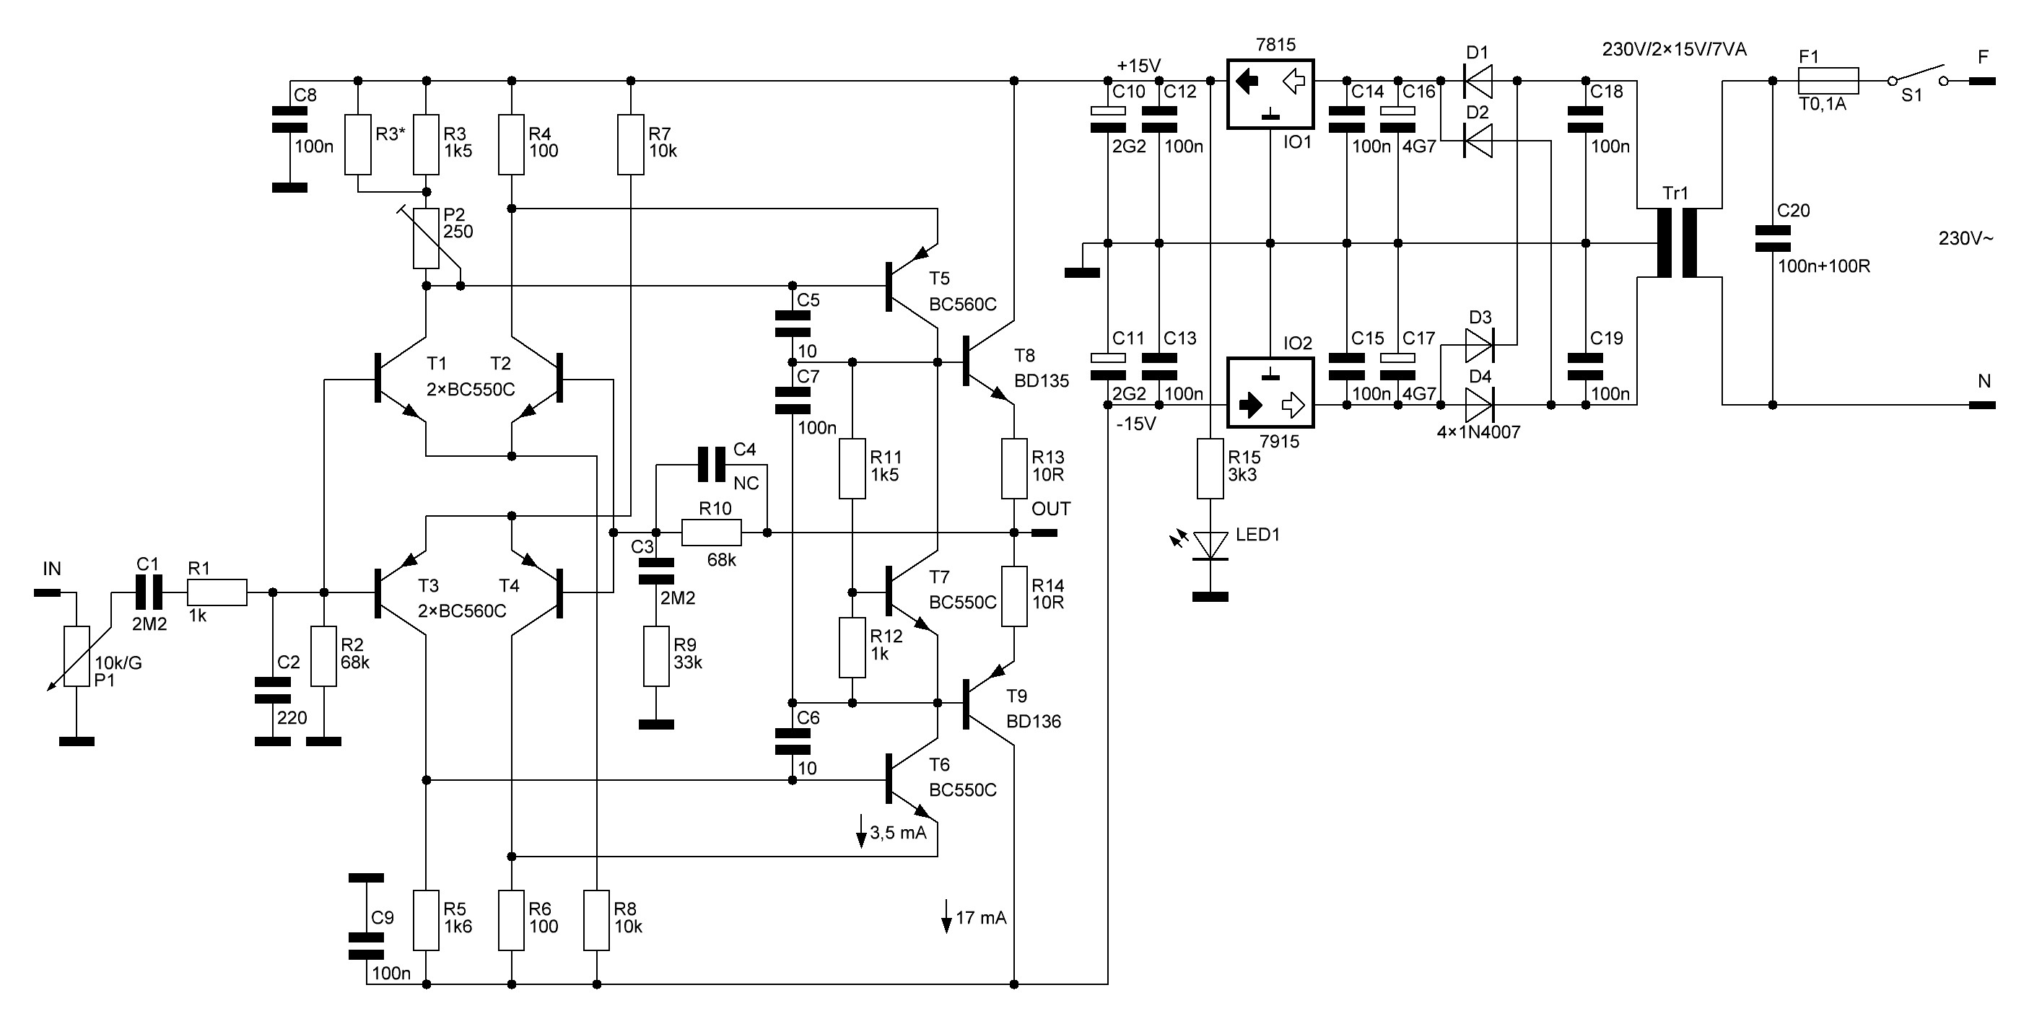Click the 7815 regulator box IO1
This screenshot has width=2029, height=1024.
1270,94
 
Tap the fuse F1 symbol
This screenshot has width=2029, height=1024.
1828,80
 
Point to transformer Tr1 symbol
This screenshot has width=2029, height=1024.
1677,242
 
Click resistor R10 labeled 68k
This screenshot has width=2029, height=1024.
710,533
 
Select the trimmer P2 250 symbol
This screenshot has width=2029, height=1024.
426,238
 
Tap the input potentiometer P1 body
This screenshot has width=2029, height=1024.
77,656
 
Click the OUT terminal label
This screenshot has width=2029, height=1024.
1051,509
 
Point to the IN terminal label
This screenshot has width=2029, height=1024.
52,569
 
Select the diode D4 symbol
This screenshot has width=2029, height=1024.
1479,405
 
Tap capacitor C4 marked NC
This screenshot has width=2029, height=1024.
710,465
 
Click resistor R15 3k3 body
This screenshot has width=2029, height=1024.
1210,468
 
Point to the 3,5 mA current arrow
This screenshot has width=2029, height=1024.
862,833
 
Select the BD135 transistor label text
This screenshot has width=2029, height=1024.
1042,381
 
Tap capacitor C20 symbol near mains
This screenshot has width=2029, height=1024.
1772,240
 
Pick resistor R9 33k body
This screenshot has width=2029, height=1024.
656,656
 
